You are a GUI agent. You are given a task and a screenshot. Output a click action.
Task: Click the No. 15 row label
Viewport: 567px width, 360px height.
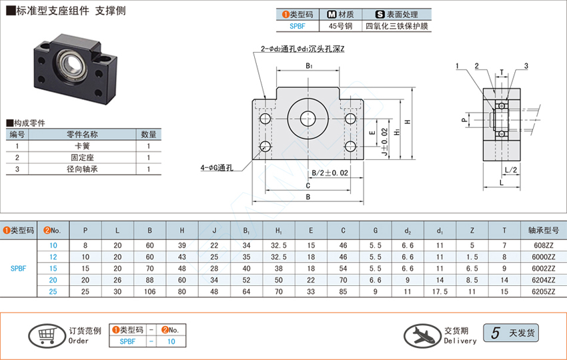coord(53,268)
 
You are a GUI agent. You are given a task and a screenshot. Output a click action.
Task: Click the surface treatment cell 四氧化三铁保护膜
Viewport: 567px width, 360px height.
coord(398,27)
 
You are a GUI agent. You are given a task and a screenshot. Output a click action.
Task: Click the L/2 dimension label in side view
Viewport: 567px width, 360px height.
coord(510,171)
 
